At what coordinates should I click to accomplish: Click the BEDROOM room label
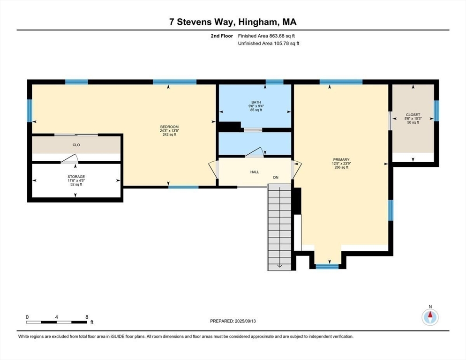coord(169,127)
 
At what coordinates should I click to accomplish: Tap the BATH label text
coord(256,102)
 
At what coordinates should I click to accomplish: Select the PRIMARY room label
coord(341,159)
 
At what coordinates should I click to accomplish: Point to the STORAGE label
coord(76,177)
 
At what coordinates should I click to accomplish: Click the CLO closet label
coord(76,145)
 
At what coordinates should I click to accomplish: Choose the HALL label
coord(255,172)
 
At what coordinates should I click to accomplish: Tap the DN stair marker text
coord(277,178)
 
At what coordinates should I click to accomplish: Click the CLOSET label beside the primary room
coord(413,115)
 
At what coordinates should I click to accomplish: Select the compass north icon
coord(430,317)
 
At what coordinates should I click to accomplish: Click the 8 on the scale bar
coord(87,317)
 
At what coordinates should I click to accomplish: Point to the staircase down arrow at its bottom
coord(279,265)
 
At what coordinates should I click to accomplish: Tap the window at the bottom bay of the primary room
coord(327,266)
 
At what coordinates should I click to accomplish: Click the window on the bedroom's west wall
coord(30,110)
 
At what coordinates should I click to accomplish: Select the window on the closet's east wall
coord(436,110)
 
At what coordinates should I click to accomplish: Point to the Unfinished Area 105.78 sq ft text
coord(269,43)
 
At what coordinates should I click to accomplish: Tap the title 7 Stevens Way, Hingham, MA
coord(233,22)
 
